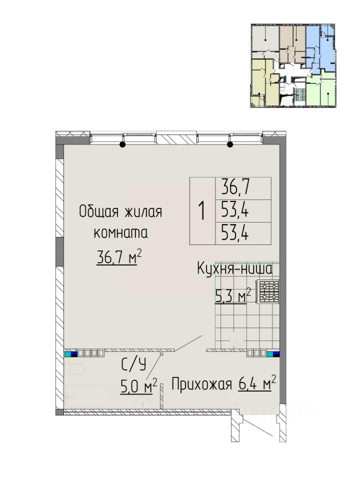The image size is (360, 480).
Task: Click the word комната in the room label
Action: [120, 233]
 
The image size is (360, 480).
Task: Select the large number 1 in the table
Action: [201, 211]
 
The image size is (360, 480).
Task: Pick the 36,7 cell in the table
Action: [235, 188]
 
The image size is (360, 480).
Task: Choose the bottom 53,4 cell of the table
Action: [235, 233]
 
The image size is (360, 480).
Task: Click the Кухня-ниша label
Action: [234, 269]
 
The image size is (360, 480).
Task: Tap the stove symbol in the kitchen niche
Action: [268, 291]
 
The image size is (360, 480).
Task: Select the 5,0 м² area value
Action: [139, 387]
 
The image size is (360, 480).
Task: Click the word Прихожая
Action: [201, 384]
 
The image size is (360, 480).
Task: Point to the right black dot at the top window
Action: [230, 144]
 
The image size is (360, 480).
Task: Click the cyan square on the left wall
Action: [67, 353]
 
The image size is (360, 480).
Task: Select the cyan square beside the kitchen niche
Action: [270, 354]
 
